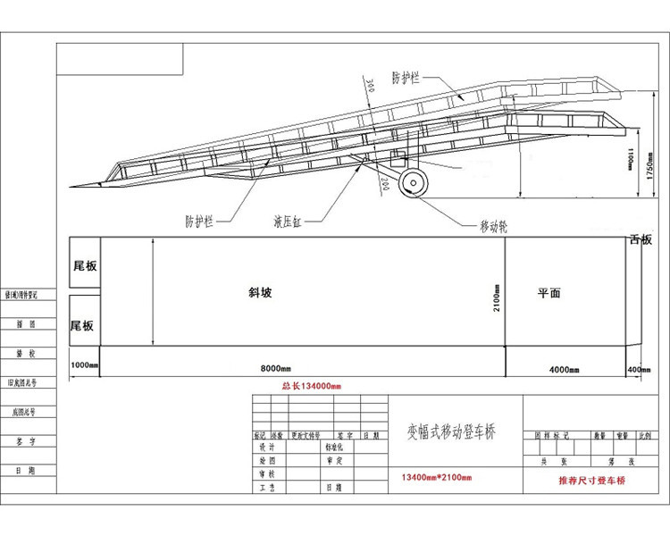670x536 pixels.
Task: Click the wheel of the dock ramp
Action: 413,183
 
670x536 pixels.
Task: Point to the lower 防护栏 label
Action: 198,219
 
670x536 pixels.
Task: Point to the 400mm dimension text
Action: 640,369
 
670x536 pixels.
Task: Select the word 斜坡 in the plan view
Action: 260,292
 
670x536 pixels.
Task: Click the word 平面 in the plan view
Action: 549,292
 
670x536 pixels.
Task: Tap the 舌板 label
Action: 641,239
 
